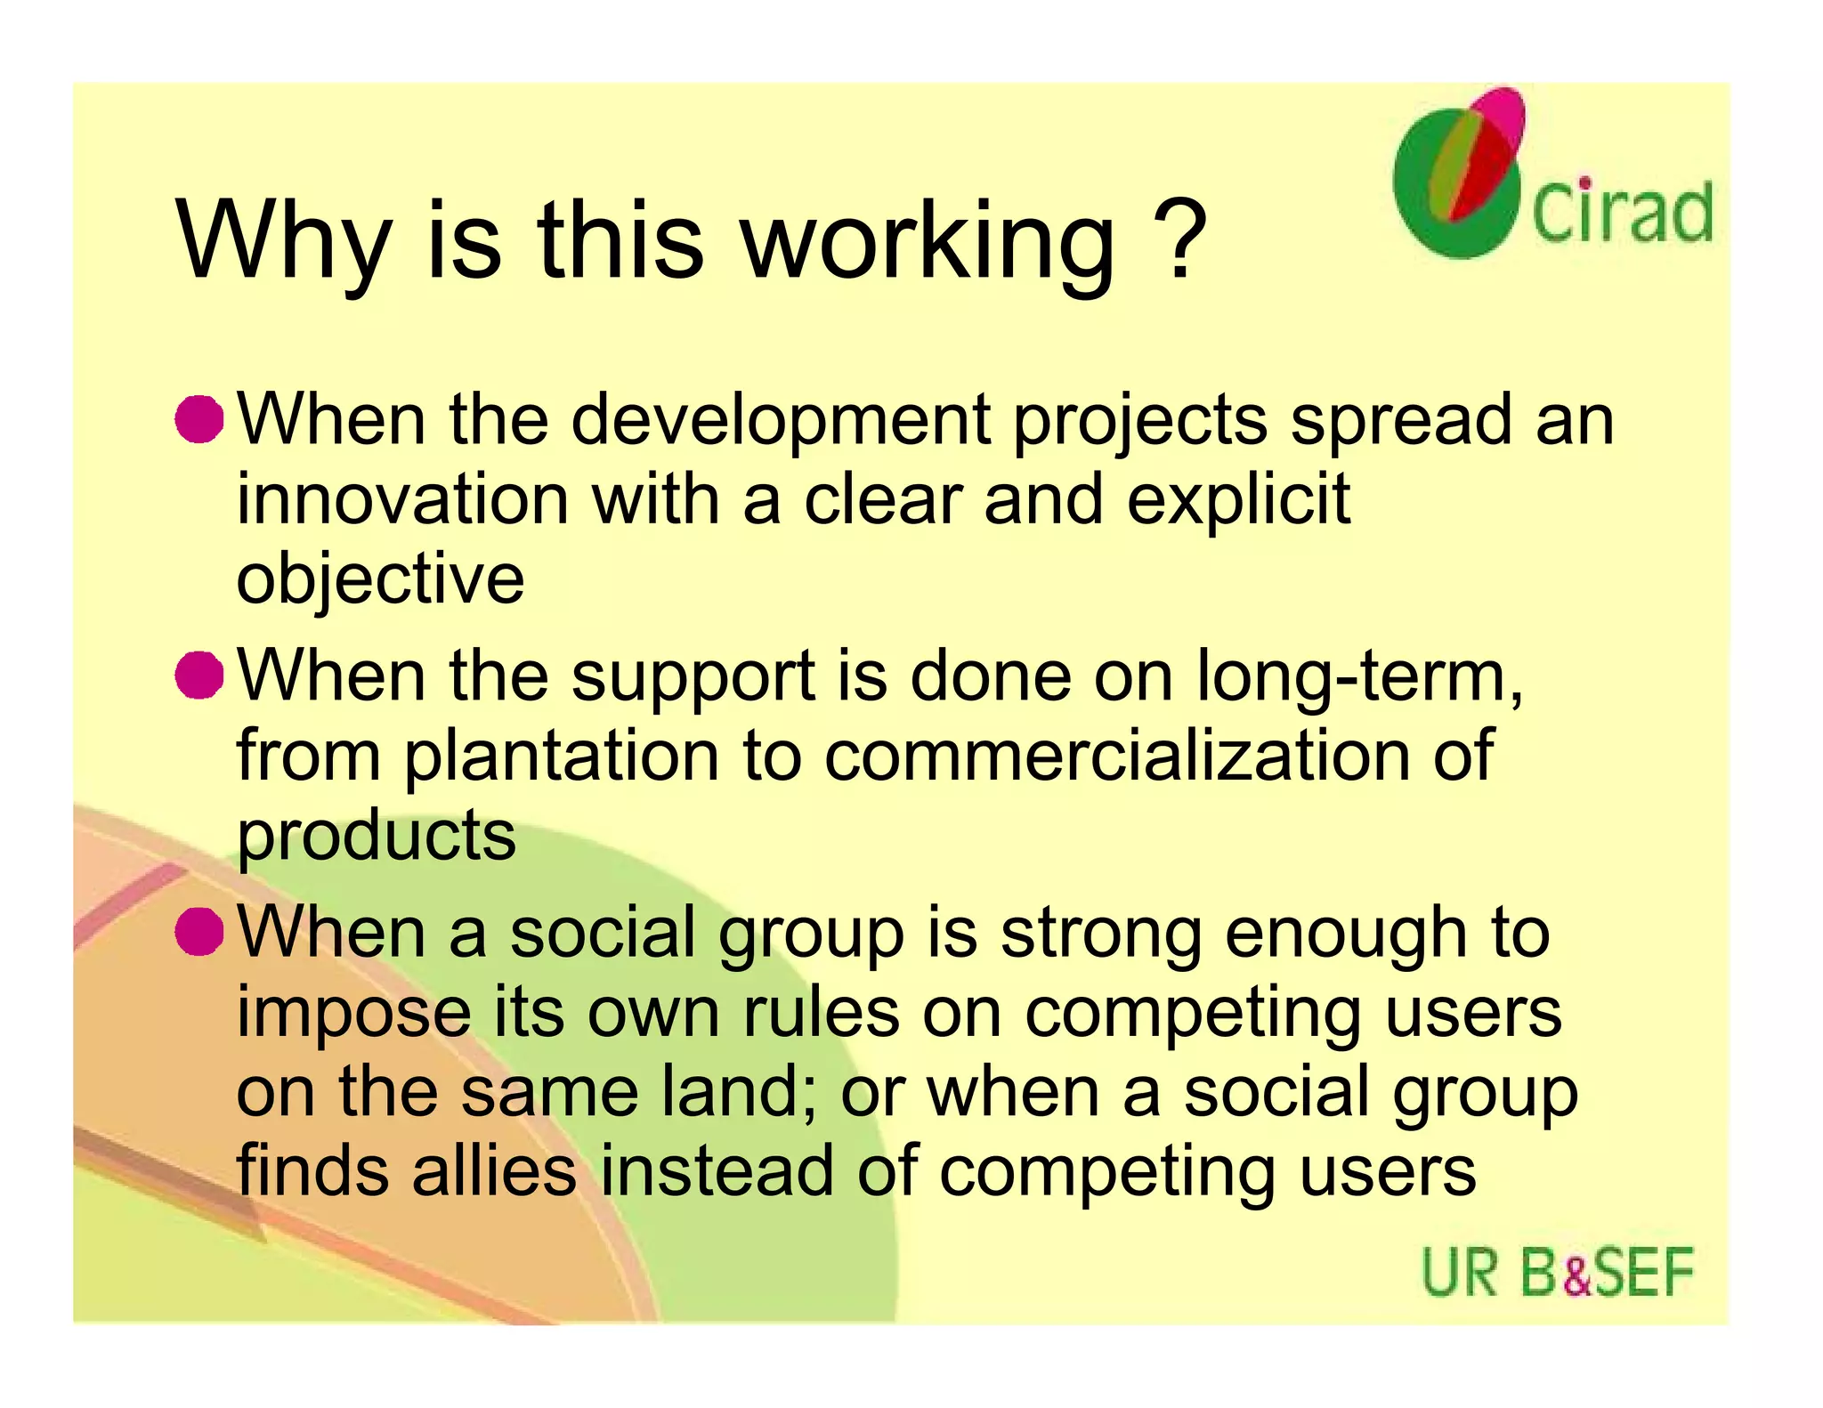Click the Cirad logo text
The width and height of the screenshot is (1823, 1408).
pyautogui.click(x=1622, y=212)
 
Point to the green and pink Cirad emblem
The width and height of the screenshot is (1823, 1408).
pyautogui.click(x=1460, y=174)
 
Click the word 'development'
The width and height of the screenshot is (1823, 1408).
pyautogui.click(x=781, y=420)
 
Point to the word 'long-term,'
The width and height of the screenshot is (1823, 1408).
pyautogui.click(x=1359, y=676)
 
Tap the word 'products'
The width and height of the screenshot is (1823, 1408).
pyautogui.click(x=376, y=837)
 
